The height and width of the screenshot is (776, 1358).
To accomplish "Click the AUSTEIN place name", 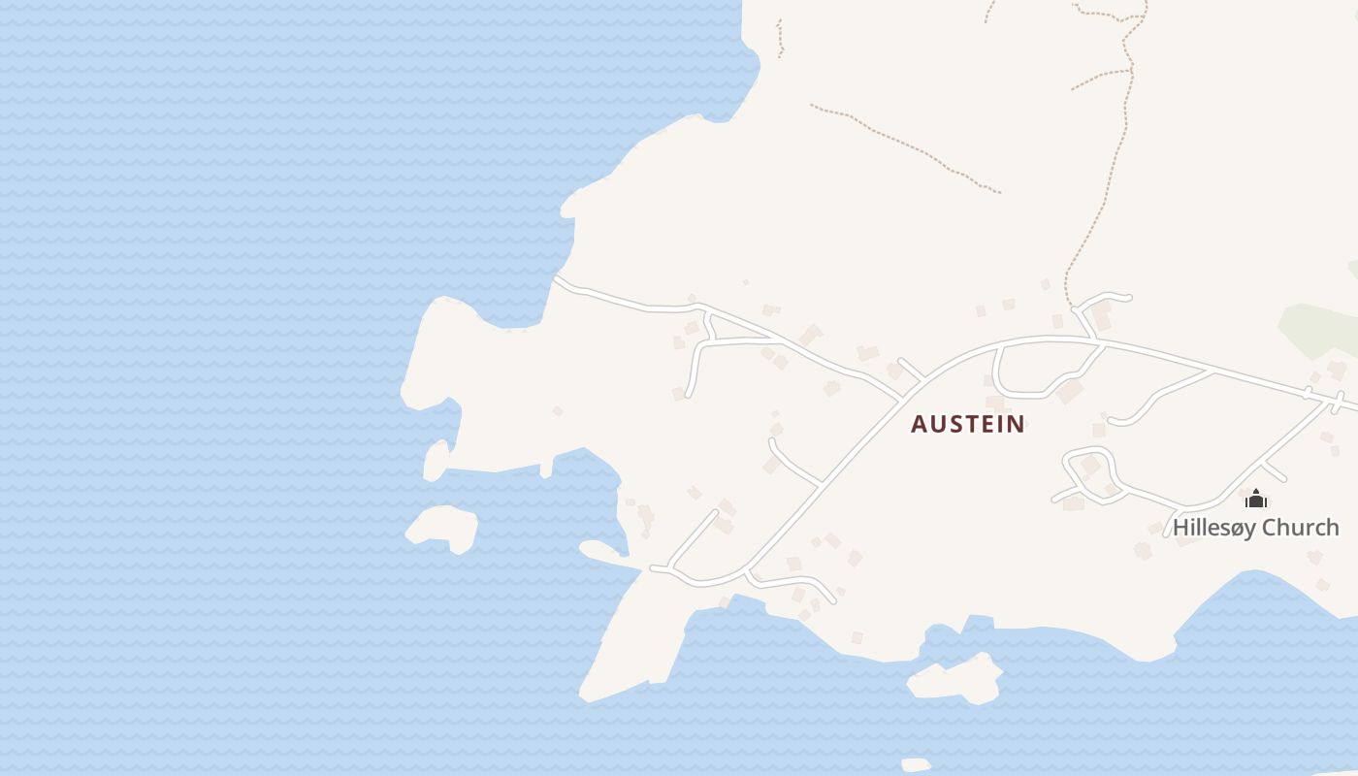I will [967, 424].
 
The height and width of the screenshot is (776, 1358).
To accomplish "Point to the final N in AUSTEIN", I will [1016, 424].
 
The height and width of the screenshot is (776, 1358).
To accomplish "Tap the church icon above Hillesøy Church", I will [1256, 500].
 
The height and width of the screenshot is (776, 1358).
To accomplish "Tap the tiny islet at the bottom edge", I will [916, 765].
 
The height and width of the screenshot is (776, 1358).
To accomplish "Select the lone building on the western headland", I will [558, 411].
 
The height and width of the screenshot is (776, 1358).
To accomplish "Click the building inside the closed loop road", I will [1090, 466].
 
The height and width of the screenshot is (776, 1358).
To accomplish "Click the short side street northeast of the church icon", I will [1275, 472].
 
